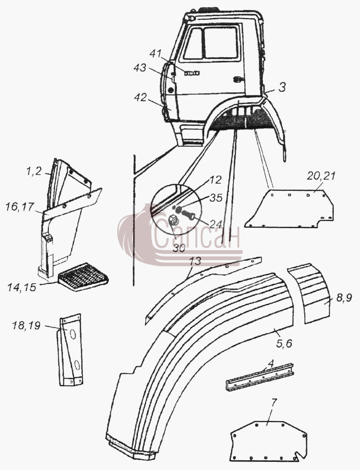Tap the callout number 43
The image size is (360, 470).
pyautogui.click(x=140, y=68)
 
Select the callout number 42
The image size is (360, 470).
pyautogui.click(x=140, y=98)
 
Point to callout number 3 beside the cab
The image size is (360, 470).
pyautogui.click(x=282, y=87)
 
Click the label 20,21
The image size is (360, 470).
pyautogui.click(x=321, y=176)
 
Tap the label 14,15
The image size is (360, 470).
pyautogui.click(x=22, y=287)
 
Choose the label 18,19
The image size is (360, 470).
pyautogui.click(x=26, y=325)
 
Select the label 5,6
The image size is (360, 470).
pyautogui.click(x=283, y=343)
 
